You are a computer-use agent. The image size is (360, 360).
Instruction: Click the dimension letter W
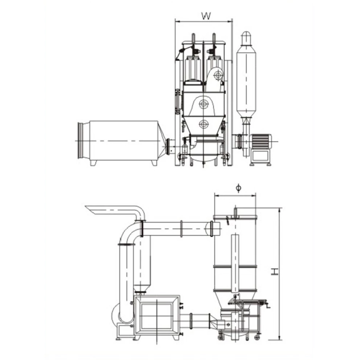coord(206,16)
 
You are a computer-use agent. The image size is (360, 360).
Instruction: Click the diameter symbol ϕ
coord(238,188)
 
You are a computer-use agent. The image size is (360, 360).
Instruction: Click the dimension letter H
coord(274,271)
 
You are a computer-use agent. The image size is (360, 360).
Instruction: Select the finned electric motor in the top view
coord(261,142)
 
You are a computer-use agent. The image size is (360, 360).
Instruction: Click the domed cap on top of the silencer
coord(246,37)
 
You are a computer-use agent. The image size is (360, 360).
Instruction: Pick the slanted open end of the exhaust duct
coord(92,210)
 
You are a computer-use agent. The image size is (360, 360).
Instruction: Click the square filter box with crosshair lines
coord(157,316)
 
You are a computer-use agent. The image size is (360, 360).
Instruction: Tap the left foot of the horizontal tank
coord(94,163)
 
